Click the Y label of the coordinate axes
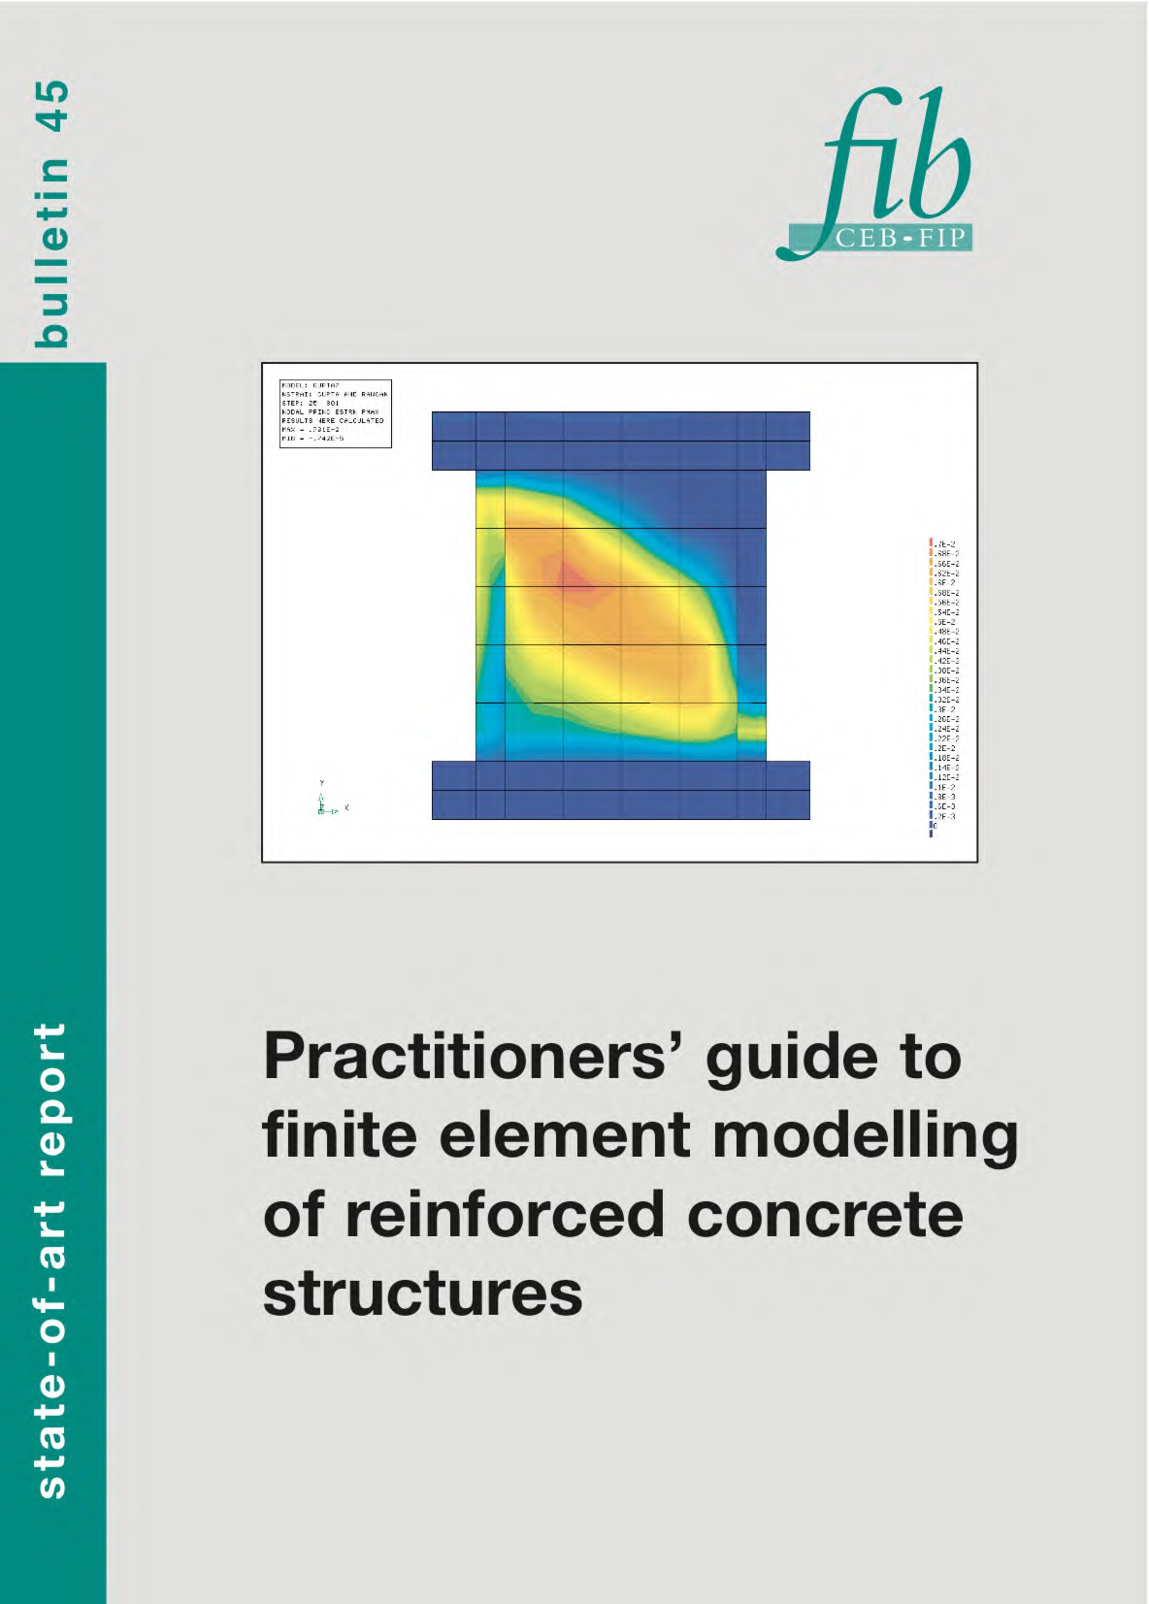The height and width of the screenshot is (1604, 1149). pos(322,783)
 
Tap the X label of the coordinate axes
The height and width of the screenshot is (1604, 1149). pos(347,807)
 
